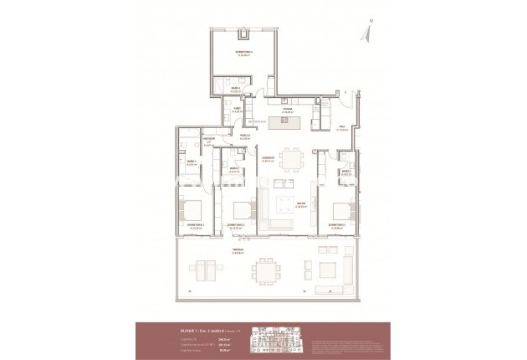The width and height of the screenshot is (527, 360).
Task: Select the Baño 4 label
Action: [237, 89]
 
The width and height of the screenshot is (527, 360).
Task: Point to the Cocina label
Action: [287, 108]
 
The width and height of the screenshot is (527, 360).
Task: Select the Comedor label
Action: [268, 157]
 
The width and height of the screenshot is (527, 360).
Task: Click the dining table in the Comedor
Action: [291, 158]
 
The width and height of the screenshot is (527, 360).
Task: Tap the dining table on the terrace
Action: [268, 270]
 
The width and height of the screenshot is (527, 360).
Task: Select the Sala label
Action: [342, 128]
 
